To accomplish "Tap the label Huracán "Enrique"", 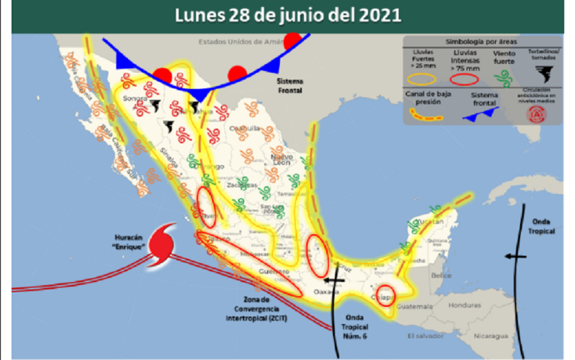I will tap(127, 242).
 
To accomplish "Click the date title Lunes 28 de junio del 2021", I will tap(287, 15).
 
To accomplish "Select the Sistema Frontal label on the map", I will tap(289, 86).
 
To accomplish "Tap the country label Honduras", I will tap(464, 305).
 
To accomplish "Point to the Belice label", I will tap(441, 276).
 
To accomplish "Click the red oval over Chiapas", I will tap(386, 295).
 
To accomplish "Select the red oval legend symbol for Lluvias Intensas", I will tap(464, 79).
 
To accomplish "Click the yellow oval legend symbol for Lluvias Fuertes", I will tap(421, 79).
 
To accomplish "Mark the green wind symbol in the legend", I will tap(504, 78).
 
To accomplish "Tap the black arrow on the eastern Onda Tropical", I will tap(515, 256).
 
